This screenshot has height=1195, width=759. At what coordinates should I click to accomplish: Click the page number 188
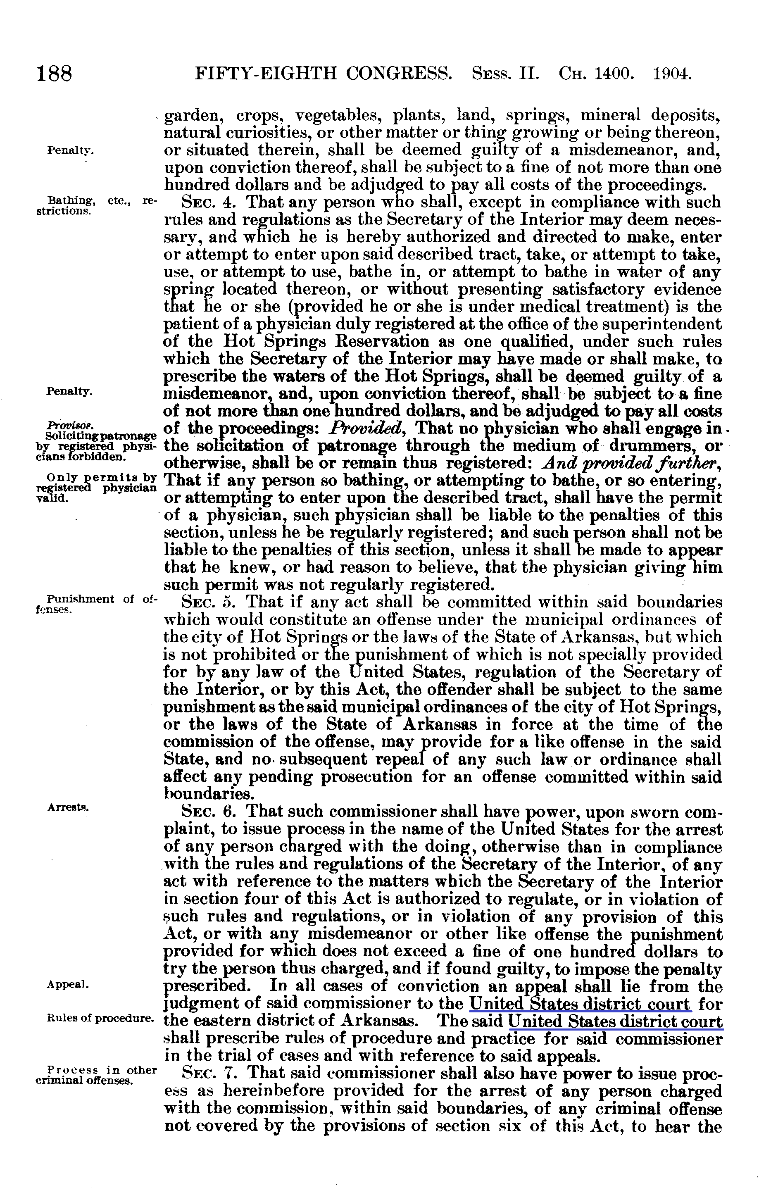pyautogui.click(x=55, y=74)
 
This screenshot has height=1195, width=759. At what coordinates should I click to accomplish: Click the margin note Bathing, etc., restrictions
pyautogui.click(x=97, y=205)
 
